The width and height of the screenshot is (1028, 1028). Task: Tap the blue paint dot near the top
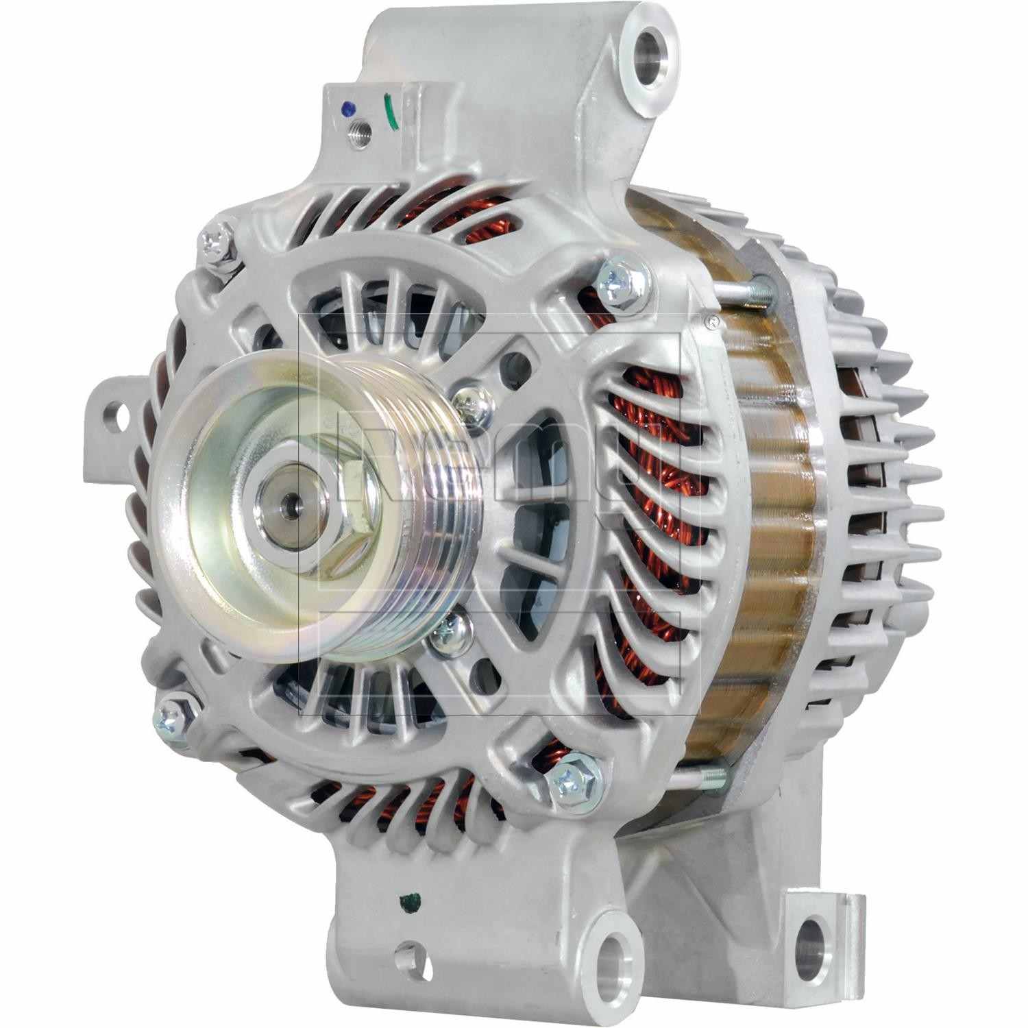point(348,108)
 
